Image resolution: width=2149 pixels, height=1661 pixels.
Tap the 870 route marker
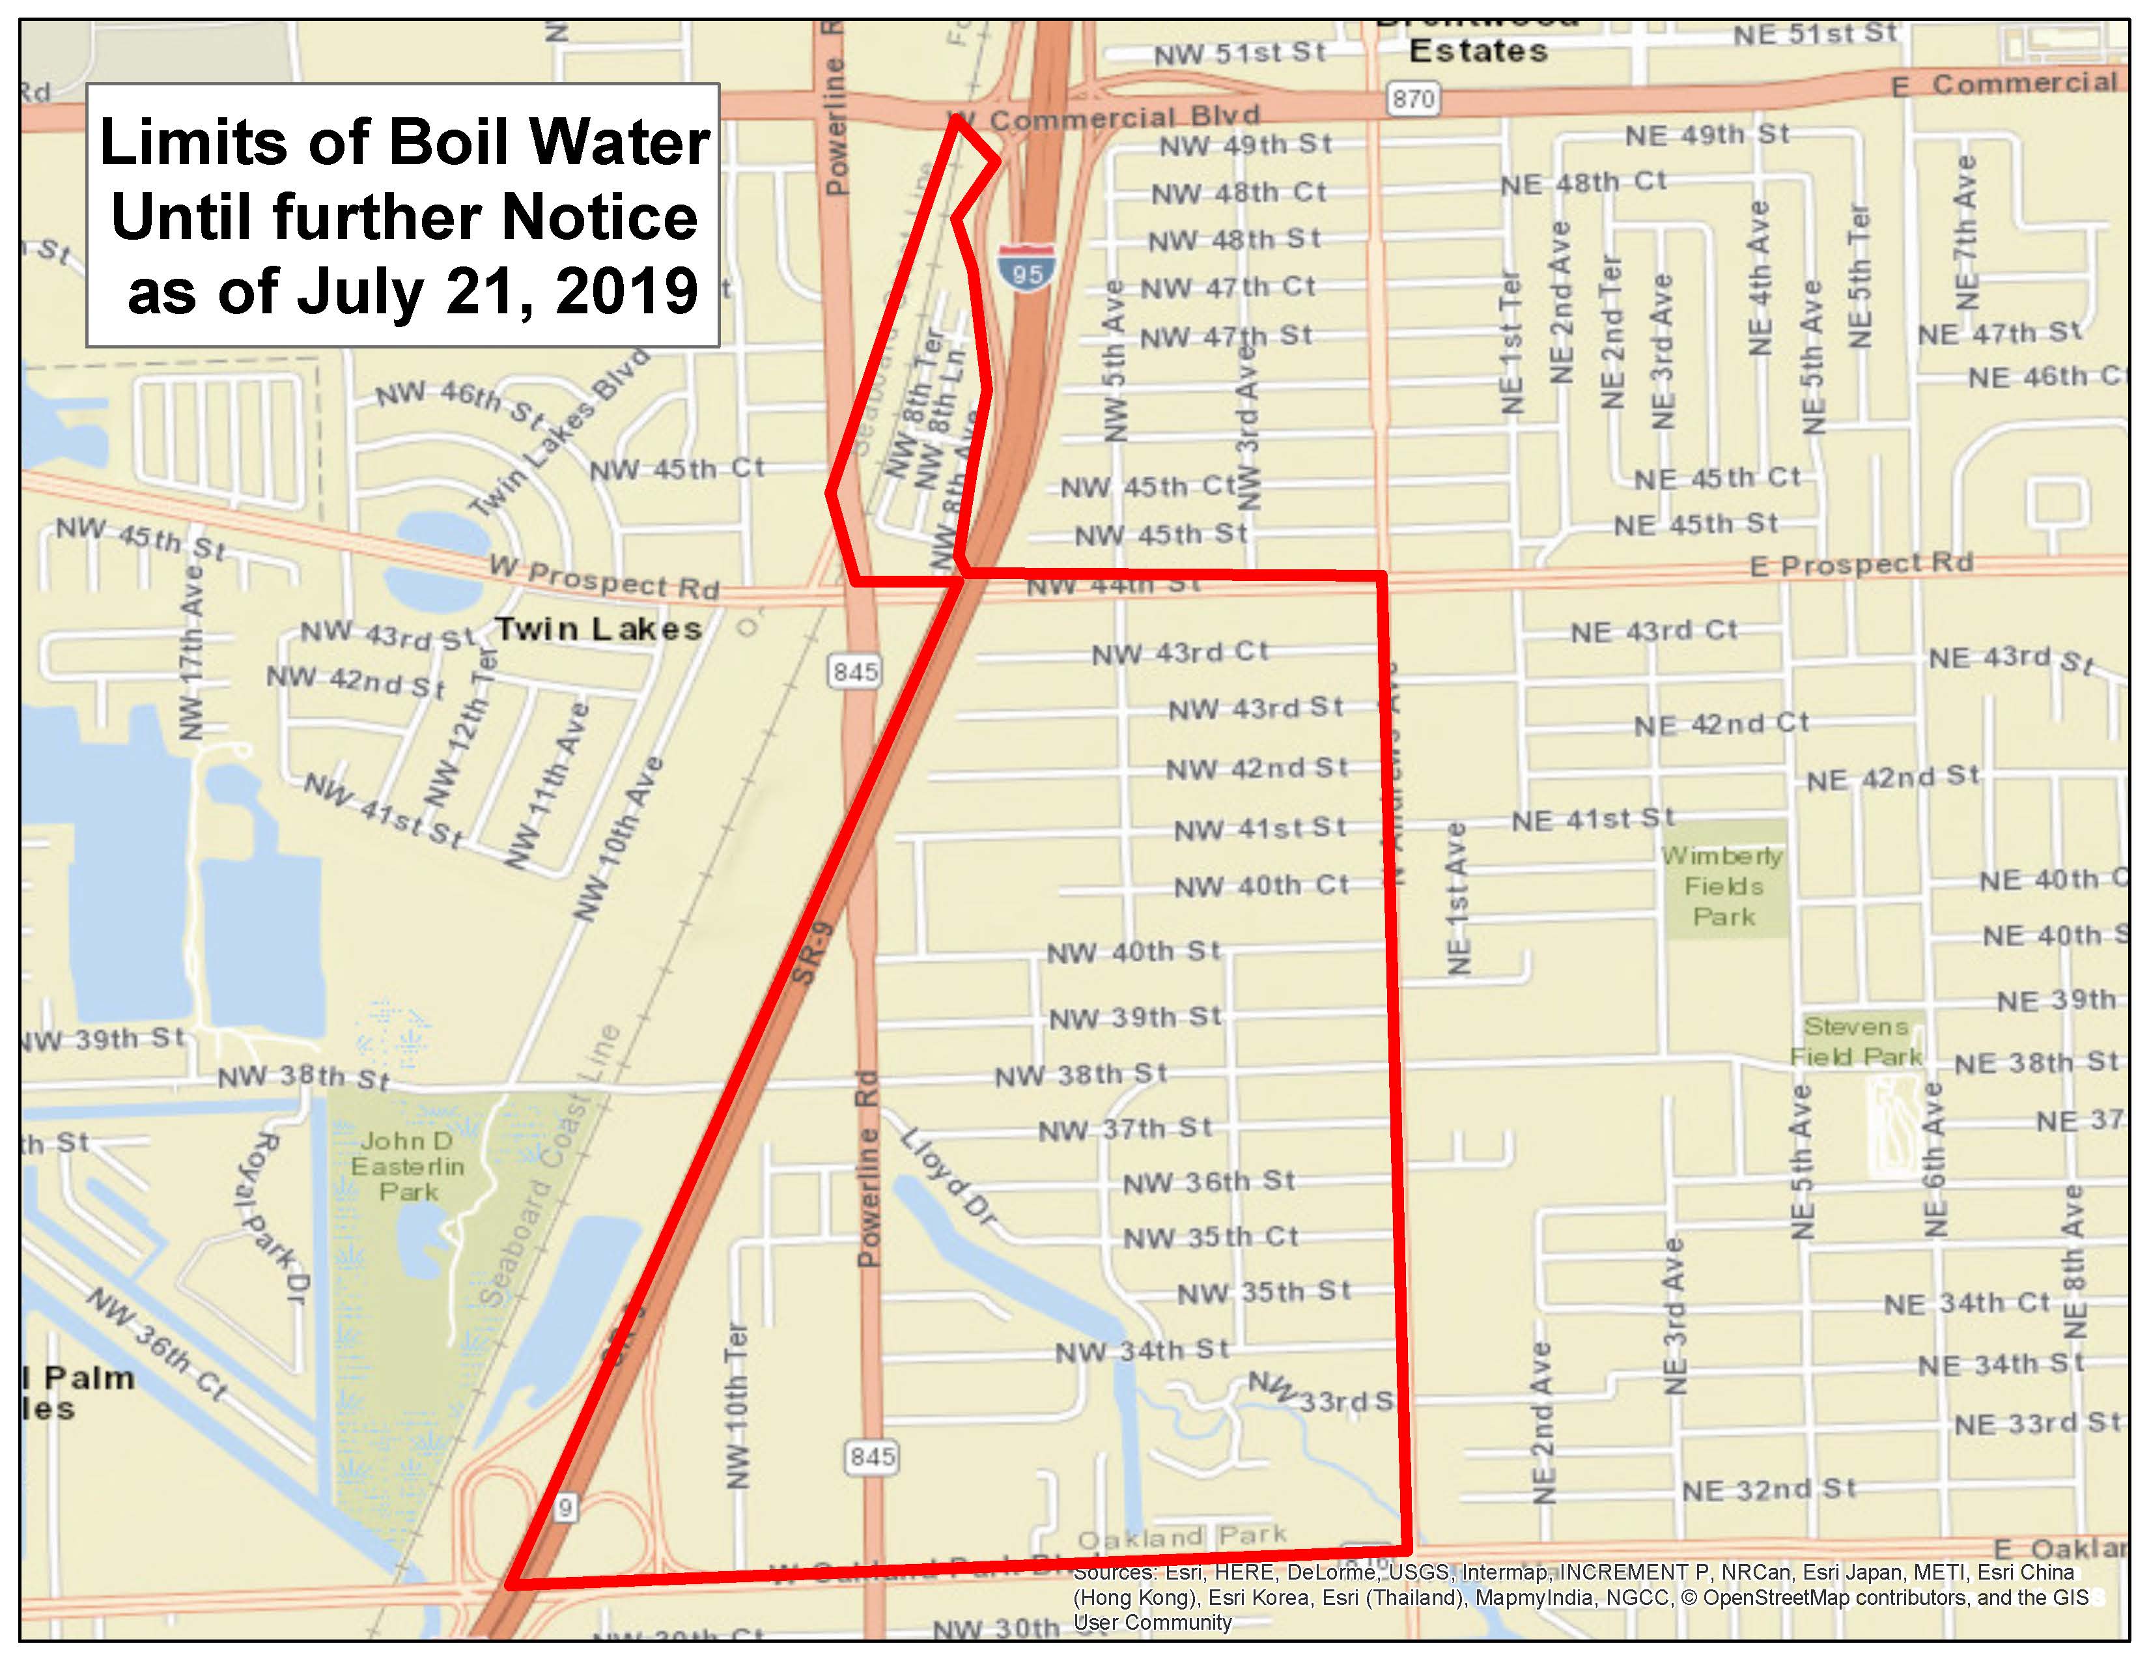(1413, 98)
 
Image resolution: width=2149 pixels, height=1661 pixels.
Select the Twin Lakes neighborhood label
(598, 629)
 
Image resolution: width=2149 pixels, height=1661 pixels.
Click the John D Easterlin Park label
(408, 1166)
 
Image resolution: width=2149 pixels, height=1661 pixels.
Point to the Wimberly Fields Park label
(1723, 886)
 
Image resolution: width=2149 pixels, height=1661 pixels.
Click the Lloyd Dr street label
(949, 1176)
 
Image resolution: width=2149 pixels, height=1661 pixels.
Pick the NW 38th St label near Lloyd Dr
(1080, 1075)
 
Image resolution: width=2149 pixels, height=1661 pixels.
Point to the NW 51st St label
(1240, 53)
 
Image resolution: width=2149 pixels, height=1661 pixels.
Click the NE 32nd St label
(1768, 1490)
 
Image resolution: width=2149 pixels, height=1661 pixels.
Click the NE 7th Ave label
(1965, 233)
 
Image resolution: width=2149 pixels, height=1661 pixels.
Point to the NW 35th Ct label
(1211, 1237)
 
